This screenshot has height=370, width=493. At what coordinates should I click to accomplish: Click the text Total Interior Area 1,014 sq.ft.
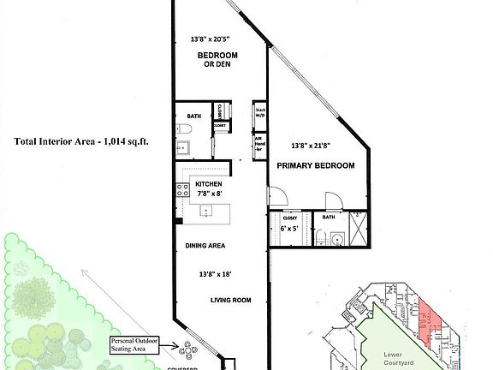[81, 142]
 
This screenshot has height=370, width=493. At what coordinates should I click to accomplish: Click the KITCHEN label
[209, 184]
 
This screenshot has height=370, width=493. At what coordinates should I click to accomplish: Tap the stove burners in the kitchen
[182, 191]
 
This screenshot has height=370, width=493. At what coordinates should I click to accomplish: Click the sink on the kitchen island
[206, 210]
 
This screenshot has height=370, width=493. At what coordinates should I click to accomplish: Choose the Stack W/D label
[259, 112]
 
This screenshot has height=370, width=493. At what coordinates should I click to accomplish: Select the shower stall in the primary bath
[359, 227]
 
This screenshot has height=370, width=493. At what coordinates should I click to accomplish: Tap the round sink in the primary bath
[336, 239]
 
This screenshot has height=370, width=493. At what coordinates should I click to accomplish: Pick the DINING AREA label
[205, 246]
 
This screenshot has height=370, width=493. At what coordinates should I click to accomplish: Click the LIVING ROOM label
[230, 300]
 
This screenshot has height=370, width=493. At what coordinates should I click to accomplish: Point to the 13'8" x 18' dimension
[213, 273]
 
